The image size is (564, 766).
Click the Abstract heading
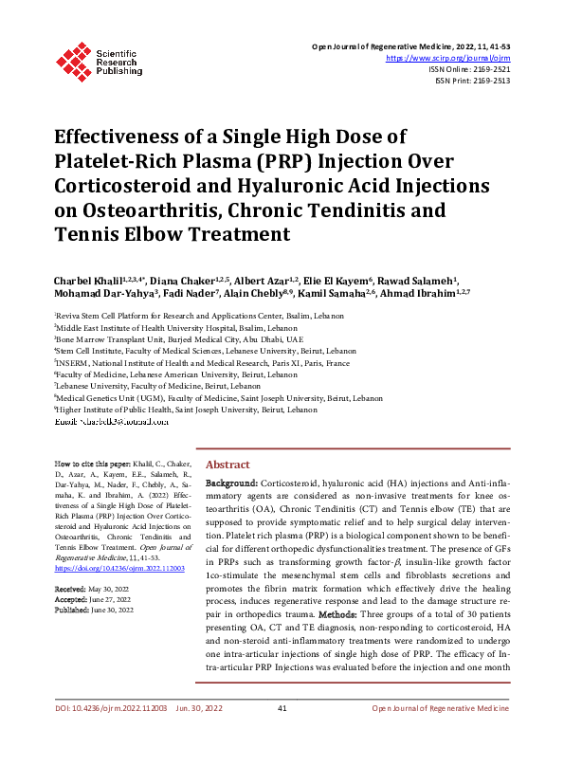click(227, 465)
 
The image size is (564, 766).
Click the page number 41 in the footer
click(282, 735)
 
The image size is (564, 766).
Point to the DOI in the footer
click(99, 735)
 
